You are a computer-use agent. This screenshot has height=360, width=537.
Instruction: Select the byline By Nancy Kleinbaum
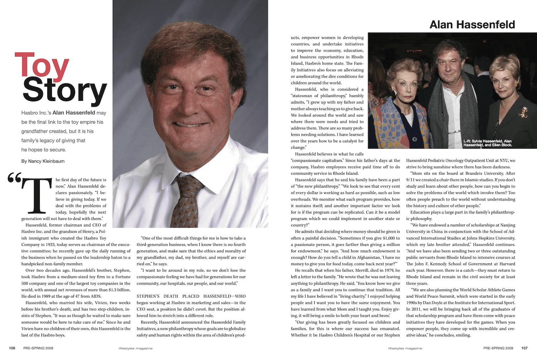43,161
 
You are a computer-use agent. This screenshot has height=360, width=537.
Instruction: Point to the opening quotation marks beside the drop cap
14,178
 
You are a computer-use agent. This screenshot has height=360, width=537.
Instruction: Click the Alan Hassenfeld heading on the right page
472,25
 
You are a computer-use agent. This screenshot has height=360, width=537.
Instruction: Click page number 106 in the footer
12,348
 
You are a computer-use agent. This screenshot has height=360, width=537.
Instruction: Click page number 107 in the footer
524,348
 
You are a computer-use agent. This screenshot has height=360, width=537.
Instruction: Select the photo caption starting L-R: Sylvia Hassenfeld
488,143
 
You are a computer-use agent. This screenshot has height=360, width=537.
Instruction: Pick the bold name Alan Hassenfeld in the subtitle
74,113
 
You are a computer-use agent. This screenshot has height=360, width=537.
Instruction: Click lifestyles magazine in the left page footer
136,348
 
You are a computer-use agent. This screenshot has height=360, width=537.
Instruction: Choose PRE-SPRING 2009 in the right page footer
498,348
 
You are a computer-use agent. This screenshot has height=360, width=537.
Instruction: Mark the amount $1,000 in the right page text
386,238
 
